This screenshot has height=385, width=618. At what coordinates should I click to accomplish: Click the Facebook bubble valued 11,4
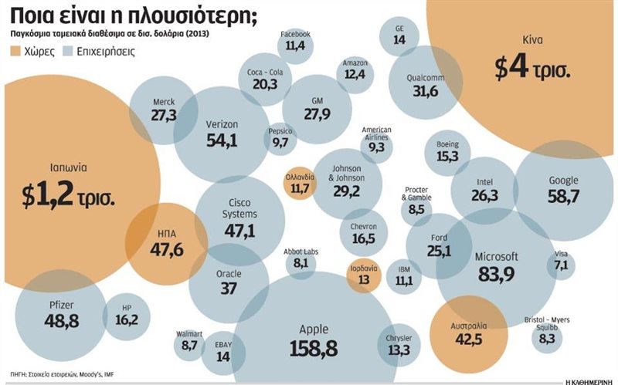[x=296, y=41]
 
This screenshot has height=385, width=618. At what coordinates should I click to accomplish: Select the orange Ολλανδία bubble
[x=300, y=183]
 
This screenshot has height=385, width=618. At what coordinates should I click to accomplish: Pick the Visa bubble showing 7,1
[x=561, y=263]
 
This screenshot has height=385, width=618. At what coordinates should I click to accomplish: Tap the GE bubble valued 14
[x=399, y=35]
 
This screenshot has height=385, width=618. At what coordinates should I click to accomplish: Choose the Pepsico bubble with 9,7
[x=280, y=137]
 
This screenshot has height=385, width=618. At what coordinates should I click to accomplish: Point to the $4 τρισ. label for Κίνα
[x=532, y=70]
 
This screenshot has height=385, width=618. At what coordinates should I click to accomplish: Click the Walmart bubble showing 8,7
[x=189, y=341]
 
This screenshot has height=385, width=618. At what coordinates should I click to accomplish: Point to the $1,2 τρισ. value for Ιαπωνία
[x=68, y=196]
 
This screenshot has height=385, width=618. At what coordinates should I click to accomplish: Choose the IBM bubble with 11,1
[x=404, y=276]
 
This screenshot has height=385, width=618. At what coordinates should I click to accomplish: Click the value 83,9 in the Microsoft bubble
[x=496, y=274]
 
